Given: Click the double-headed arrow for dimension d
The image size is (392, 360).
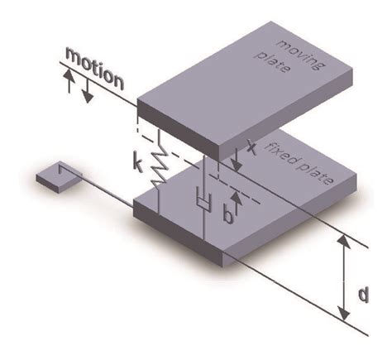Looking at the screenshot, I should coord(341,278).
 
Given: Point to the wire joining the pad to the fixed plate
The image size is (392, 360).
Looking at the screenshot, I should coord(99,191).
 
